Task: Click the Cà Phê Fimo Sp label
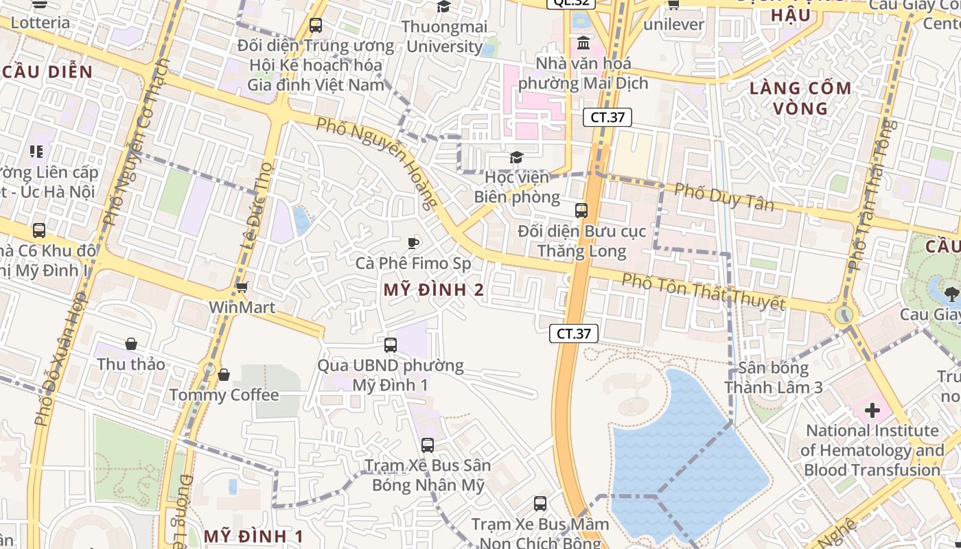[x=413, y=264]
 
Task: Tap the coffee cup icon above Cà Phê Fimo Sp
[x=413, y=243]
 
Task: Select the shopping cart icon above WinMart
[x=242, y=288]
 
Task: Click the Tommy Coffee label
[x=224, y=395]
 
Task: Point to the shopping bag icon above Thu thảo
[x=131, y=344]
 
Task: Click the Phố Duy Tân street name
[x=723, y=197]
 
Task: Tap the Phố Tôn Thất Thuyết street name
[x=703, y=291]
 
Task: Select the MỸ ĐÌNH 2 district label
[x=433, y=290]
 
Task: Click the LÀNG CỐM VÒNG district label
[x=800, y=98]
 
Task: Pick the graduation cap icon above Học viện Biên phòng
[x=516, y=159]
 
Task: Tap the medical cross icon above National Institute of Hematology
[x=872, y=411]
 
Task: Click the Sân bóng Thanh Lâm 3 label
[x=774, y=377]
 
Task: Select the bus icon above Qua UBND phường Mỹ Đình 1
[x=391, y=345]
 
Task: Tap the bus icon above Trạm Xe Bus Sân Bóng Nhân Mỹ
[x=428, y=445]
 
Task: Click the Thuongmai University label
[x=444, y=36]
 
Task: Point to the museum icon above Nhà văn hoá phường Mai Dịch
[x=583, y=43]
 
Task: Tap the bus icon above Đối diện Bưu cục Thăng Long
[x=581, y=211]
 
